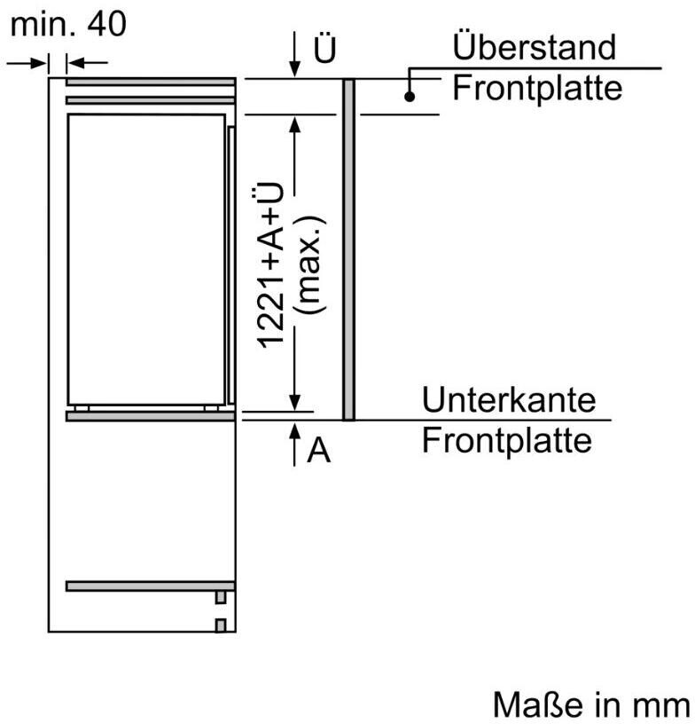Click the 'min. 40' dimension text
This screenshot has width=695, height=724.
tap(68, 25)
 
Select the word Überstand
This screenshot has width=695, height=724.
tap(533, 46)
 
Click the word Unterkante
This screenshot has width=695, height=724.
tap(509, 400)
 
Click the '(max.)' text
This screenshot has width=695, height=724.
tap(309, 266)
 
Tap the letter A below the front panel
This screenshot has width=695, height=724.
tap(318, 452)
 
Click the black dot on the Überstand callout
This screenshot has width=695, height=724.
tap(410, 97)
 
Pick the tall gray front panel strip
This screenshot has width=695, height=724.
tap(348, 249)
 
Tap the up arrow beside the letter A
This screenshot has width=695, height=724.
tap(294, 442)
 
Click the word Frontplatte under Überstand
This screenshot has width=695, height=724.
tap(536, 88)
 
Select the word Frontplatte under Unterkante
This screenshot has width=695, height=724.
tap(506, 441)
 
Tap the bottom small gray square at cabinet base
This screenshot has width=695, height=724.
tap(221, 626)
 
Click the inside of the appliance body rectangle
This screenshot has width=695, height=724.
tap(146, 257)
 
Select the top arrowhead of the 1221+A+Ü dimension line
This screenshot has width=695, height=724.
tap(294, 125)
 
